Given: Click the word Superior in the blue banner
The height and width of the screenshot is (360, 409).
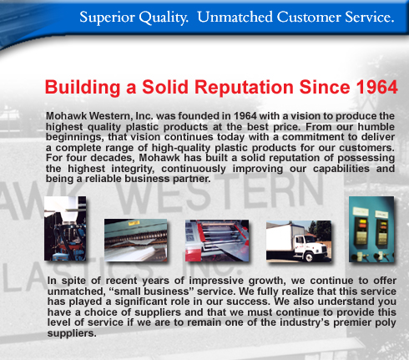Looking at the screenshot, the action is pos(107,18).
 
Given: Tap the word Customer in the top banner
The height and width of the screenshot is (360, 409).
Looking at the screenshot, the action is pos(309,17).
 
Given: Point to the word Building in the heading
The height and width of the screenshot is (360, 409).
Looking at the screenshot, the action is pos(83,88).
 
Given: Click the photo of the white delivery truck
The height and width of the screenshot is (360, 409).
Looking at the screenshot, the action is pos(299,241).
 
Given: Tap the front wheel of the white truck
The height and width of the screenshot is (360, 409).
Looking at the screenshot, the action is pos(309,256).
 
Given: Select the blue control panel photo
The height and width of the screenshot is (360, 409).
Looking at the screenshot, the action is pos(371,229).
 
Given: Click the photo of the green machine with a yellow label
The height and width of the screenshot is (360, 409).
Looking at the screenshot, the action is pos(136,240).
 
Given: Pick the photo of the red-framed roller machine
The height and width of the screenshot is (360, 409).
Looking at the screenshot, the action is pos(217,241).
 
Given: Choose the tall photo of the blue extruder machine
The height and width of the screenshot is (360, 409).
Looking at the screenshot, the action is pos(65,228).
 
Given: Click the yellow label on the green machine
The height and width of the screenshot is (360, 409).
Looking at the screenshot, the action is pos(134,223).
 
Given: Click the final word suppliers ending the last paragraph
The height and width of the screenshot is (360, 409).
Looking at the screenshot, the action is pos(72,333).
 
